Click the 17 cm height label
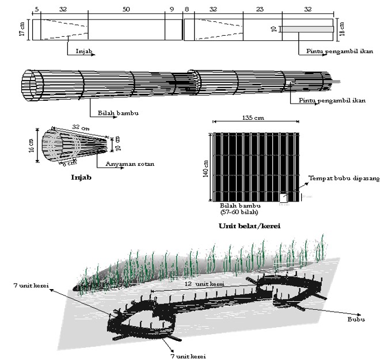[21, 29]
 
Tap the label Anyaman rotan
[130, 164]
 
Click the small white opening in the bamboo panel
[284, 198]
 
